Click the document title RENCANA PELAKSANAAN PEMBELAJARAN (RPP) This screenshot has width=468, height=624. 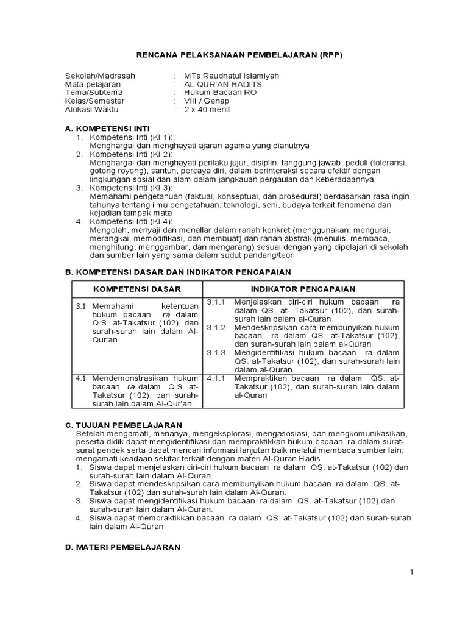click(x=234, y=55)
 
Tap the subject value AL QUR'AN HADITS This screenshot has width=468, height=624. click(x=224, y=84)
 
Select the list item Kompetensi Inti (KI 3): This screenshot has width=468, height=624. click(x=131, y=188)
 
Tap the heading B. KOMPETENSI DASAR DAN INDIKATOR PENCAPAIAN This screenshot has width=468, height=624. click(x=177, y=272)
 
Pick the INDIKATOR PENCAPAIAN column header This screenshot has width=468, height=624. click(x=303, y=288)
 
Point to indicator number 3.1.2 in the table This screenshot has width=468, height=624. click(x=216, y=327)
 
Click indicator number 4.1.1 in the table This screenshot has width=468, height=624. click(x=216, y=378)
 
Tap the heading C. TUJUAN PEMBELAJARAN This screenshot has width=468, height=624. click(x=124, y=424)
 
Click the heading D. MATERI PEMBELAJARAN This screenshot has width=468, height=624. click(x=122, y=547)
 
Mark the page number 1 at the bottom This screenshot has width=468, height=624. click(x=412, y=572)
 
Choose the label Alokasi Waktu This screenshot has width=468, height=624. click(x=92, y=110)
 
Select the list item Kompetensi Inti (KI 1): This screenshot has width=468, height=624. click(x=131, y=137)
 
